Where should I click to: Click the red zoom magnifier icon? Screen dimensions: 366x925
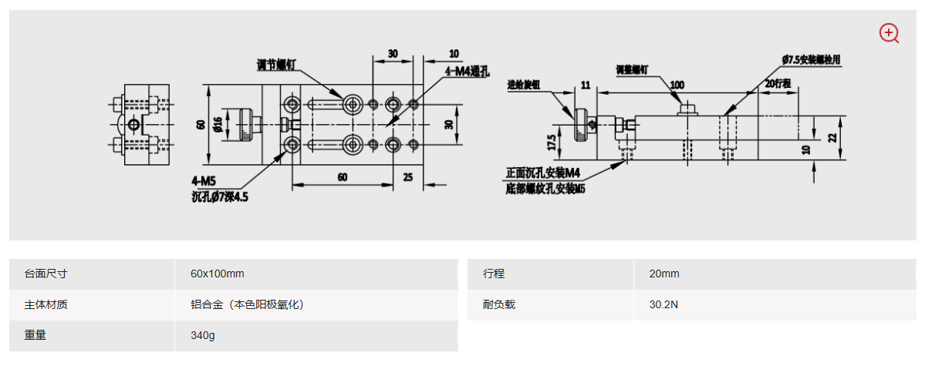[890, 33]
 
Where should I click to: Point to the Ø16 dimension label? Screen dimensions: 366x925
[218, 123]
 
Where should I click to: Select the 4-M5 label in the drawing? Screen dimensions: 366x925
[204, 182]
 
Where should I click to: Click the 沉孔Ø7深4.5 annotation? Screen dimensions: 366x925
[220, 196]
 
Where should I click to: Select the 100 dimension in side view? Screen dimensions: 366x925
[677, 84]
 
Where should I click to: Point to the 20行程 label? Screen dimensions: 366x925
[778, 83]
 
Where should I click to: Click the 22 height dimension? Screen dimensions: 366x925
[832, 136]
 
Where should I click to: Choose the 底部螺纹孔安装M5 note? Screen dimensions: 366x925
[545, 187]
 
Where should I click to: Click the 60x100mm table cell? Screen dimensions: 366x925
[218, 274]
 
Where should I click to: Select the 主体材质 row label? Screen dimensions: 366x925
[46, 304]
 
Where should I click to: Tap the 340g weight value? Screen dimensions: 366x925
[203, 335]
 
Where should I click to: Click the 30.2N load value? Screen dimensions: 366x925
[663, 304]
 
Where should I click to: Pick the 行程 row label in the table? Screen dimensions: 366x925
[494, 274]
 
